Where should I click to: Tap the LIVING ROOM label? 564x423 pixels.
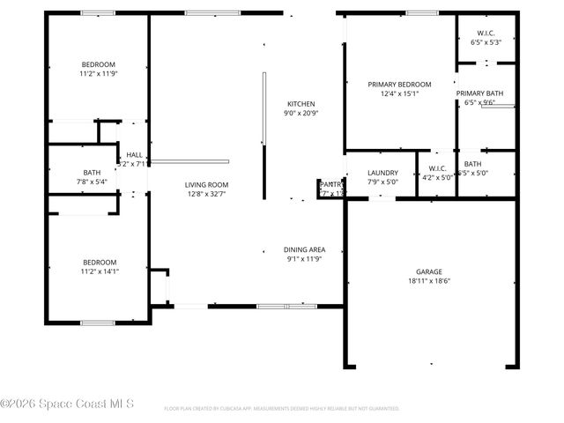(206, 185)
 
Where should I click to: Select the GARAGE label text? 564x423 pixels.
(429, 271)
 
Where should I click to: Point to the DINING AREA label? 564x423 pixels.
(305, 249)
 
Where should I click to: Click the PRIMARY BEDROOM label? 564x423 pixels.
(399, 84)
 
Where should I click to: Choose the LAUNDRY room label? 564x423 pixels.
(382, 173)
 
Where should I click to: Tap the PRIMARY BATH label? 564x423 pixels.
(479, 93)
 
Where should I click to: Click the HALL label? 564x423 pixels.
(135, 155)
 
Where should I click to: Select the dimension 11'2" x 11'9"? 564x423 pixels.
(99, 74)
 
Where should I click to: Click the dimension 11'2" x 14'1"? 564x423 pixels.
(99, 271)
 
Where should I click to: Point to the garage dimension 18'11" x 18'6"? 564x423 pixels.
(429, 281)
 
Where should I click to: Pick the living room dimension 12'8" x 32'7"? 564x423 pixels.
(206, 195)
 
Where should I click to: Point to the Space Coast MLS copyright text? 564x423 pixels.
(67, 404)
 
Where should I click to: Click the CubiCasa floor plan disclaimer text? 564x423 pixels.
(282, 409)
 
